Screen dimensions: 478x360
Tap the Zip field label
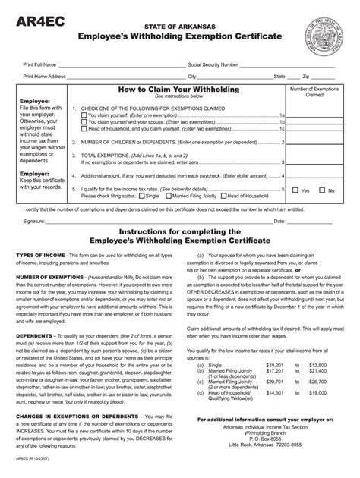[x=306, y=77]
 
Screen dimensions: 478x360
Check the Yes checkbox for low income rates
[x=295, y=190]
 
